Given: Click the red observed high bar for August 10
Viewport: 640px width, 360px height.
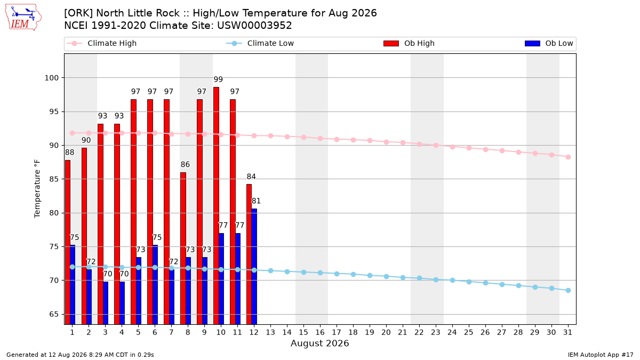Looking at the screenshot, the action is click(217, 206).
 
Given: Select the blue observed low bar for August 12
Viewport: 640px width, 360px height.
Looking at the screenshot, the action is click(254, 267).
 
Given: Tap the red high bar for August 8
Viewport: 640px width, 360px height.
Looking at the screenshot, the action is click(183, 249).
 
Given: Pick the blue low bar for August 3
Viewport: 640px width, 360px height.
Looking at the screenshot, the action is click(106, 303).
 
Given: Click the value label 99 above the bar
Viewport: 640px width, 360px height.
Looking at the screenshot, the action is click(218, 79).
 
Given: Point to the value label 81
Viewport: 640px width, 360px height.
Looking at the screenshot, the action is click(256, 201).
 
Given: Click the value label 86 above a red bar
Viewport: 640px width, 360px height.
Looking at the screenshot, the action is click(185, 165).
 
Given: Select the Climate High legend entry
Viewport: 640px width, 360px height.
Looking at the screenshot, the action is click(102, 43).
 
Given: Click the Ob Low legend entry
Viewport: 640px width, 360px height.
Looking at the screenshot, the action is click(549, 43).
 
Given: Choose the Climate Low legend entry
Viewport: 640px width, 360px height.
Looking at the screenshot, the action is click(260, 43).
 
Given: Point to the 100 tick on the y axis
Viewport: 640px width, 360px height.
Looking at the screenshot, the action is click(51, 78).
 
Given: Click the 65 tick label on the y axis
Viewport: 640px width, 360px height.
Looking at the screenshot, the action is click(54, 314).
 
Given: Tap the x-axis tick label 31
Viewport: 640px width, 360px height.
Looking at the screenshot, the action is click(567, 332).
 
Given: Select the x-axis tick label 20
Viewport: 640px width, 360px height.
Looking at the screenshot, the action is click(386, 332).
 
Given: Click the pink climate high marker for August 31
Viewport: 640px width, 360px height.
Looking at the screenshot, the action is click(569, 157).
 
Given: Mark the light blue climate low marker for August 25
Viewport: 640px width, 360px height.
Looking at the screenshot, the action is click(469, 282).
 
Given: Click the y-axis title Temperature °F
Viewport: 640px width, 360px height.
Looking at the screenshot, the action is click(37, 189).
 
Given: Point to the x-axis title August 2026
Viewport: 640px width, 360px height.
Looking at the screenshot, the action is click(319, 343).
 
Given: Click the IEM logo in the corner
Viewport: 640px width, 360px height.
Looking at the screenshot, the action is click(23, 18).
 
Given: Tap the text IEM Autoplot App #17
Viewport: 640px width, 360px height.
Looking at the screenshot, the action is click(601, 355).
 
